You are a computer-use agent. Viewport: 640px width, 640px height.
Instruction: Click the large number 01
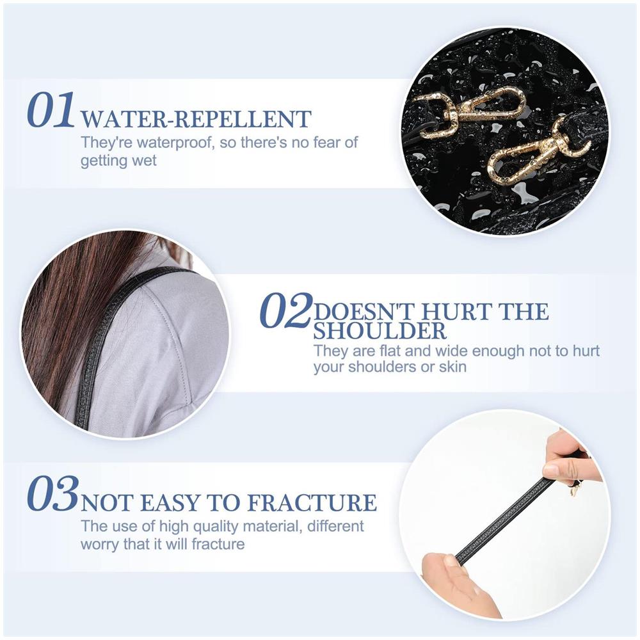pyautogui.click(x=51, y=110)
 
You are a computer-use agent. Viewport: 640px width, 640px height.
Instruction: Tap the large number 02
pyautogui.click(x=285, y=310)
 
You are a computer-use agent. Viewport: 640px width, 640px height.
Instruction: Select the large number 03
pyautogui.click(x=52, y=494)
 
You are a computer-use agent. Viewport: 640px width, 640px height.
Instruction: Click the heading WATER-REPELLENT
pyautogui.click(x=196, y=119)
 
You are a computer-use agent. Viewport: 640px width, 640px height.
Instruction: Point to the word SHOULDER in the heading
pyautogui.click(x=380, y=331)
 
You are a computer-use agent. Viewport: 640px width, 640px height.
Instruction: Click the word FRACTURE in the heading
pyautogui.click(x=312, y=502)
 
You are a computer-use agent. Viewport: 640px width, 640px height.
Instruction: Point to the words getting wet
pyautogui.click(x=118, y=161)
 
